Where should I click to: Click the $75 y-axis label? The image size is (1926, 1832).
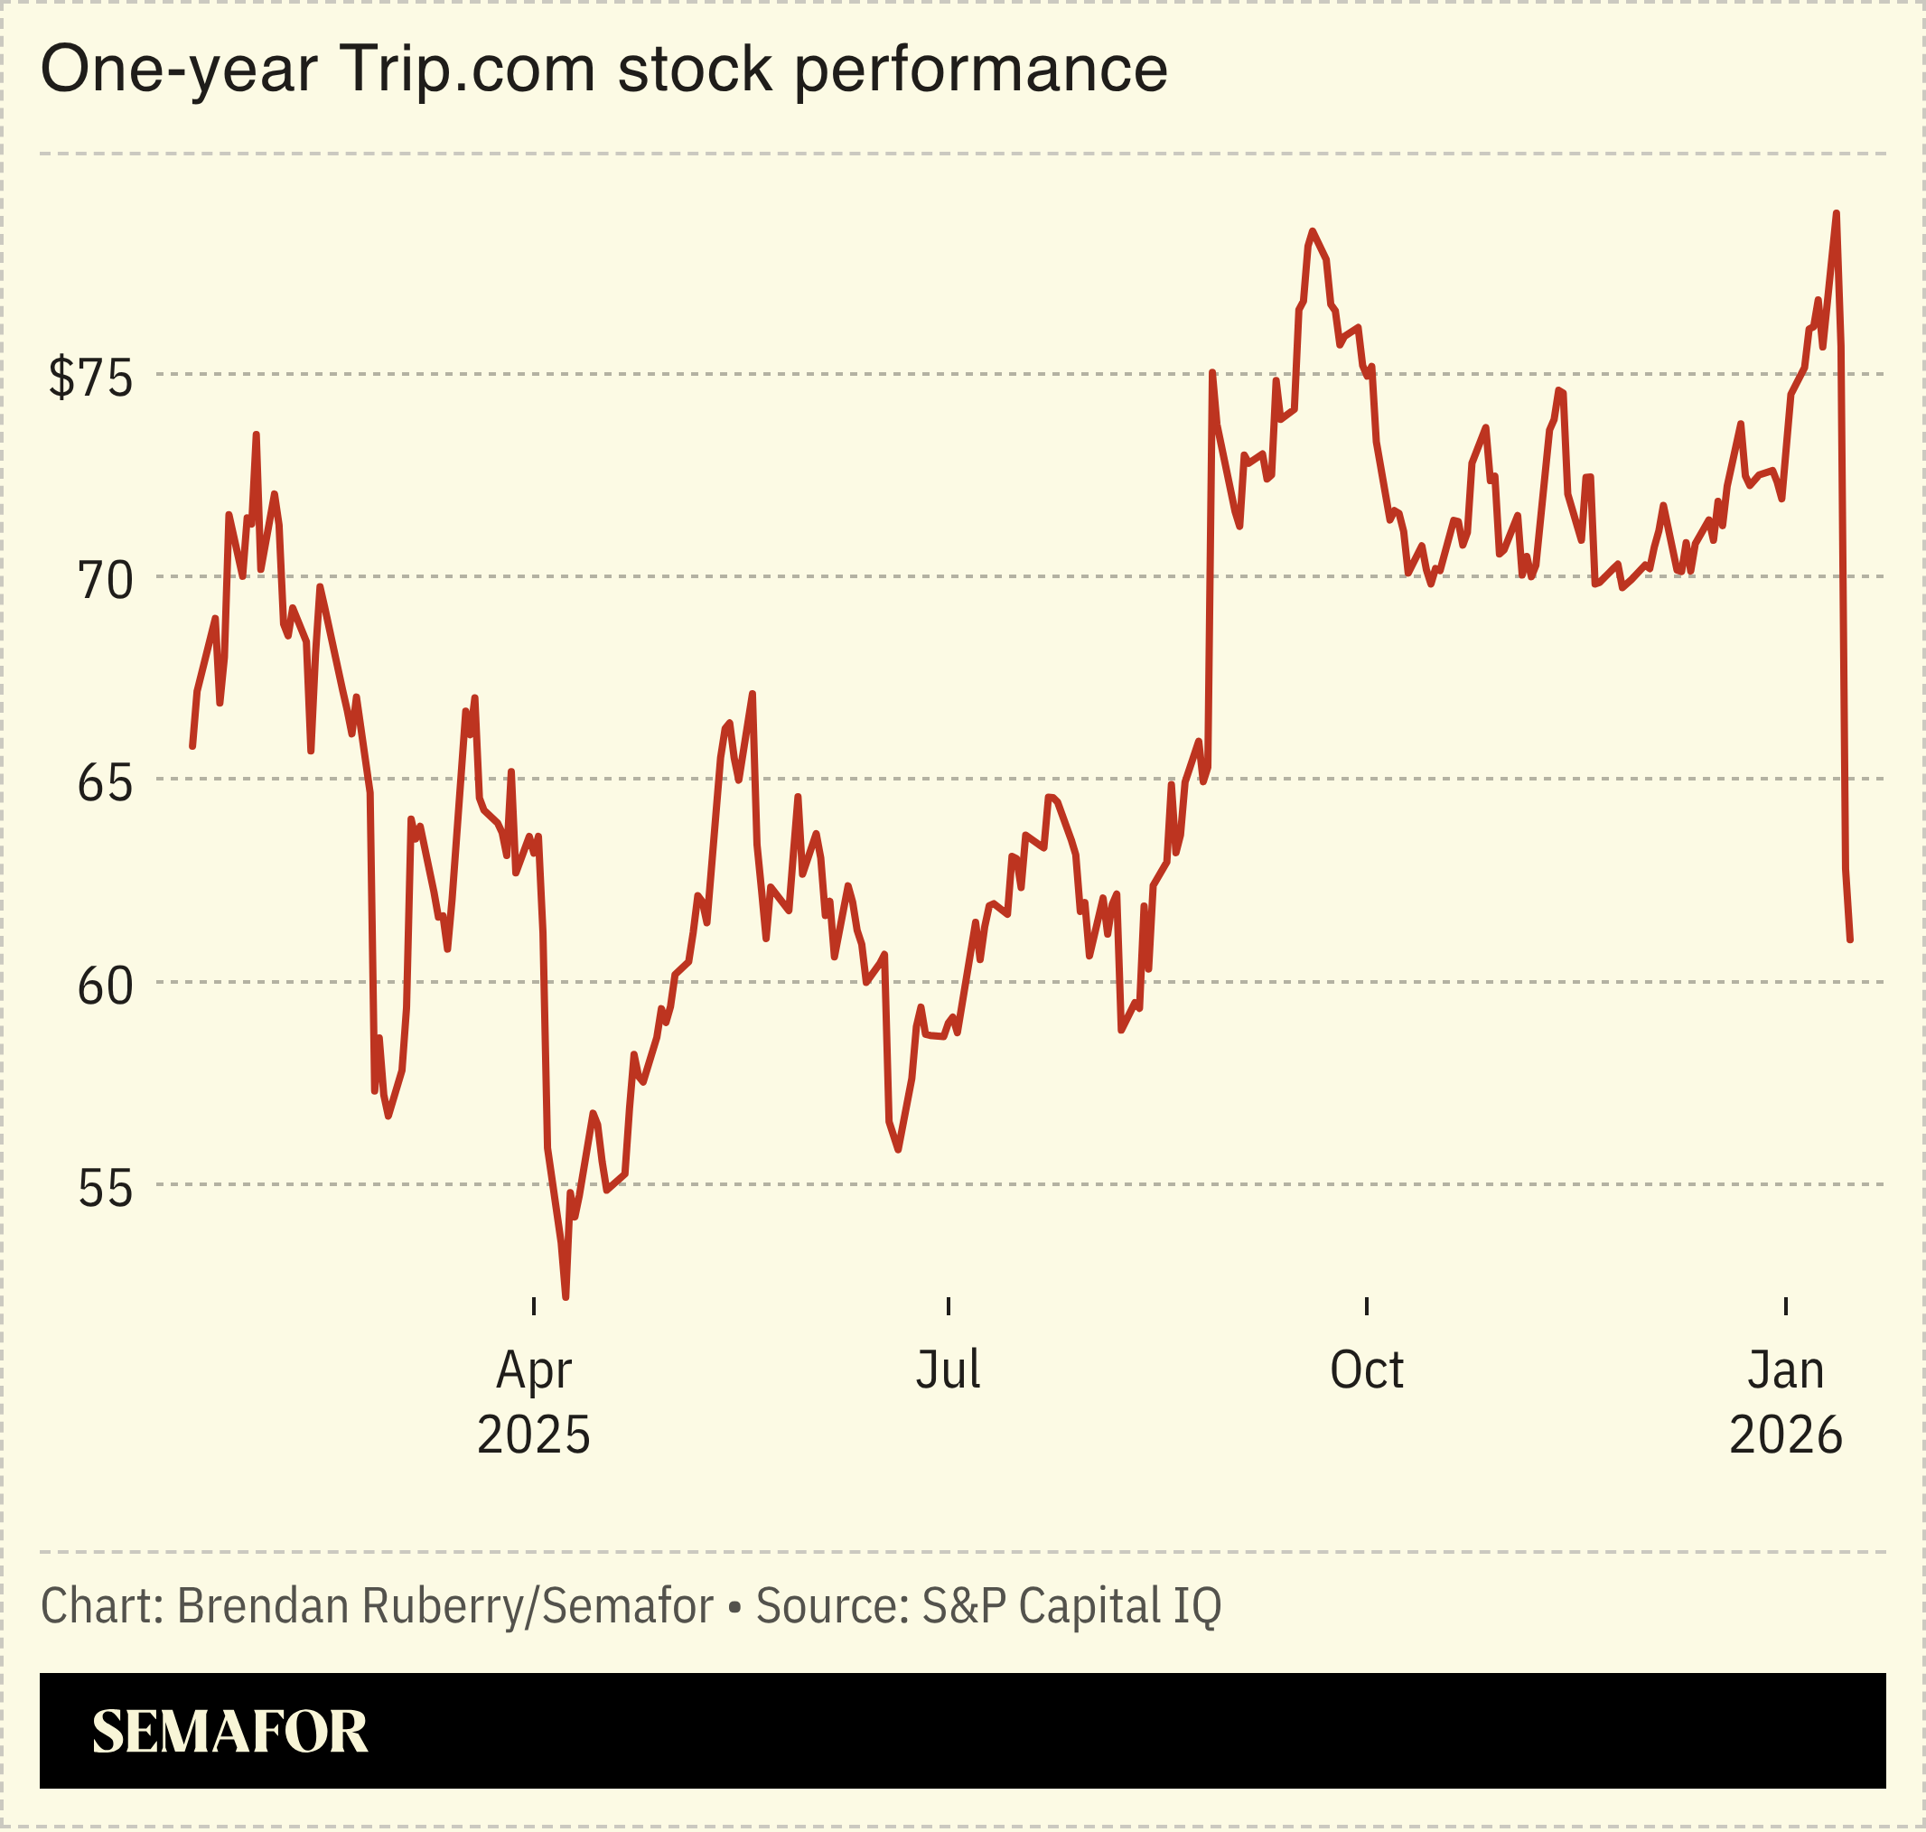tap(89, 376)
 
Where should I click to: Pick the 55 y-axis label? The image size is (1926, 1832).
tap(105, 1189)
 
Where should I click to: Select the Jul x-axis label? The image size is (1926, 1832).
tap(948, 1369)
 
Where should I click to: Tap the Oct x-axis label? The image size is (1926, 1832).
tap(1367, 1369)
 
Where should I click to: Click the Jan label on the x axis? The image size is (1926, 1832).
tap(1785, 1369)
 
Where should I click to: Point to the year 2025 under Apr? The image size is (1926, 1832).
tap(533, 1435)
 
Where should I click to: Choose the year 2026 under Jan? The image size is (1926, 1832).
tap(1785, 1435)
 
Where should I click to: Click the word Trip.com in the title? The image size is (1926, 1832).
tap(467, 70)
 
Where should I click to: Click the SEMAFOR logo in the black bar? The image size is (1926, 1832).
tap(229, 1732)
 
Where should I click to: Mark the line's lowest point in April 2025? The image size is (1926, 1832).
tap(566, 1296)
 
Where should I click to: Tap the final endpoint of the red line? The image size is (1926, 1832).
tap(1850, 939)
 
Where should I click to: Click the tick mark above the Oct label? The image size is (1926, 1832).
tap(1367, 1305)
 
